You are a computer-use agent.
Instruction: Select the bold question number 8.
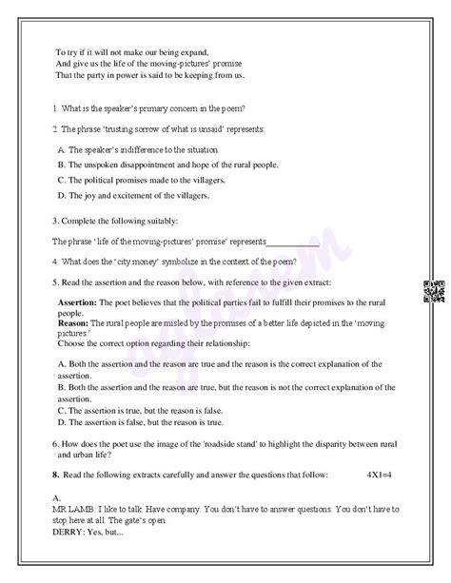click(x=56, y=474)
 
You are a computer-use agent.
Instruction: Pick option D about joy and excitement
click(x=132, y=196)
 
